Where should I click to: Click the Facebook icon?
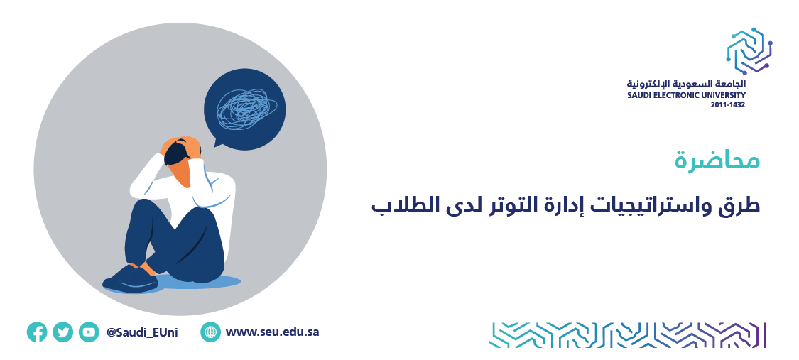pos(37,332)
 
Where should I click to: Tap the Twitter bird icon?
pos(62,332)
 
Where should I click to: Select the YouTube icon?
pos(89,332)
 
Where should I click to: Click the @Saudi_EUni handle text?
pos(142,333)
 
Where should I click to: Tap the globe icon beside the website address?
pos(210,332)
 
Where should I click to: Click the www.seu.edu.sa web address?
pos(272,332)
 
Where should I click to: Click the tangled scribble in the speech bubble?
pos(246,109)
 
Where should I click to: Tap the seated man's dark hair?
pos(175,152)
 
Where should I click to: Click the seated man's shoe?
pos(131,278)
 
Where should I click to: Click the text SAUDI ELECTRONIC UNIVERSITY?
pos(686,95)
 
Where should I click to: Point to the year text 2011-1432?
pos(728,105)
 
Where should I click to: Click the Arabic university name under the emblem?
pos(686,84)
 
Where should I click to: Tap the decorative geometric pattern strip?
pos(628,334)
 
